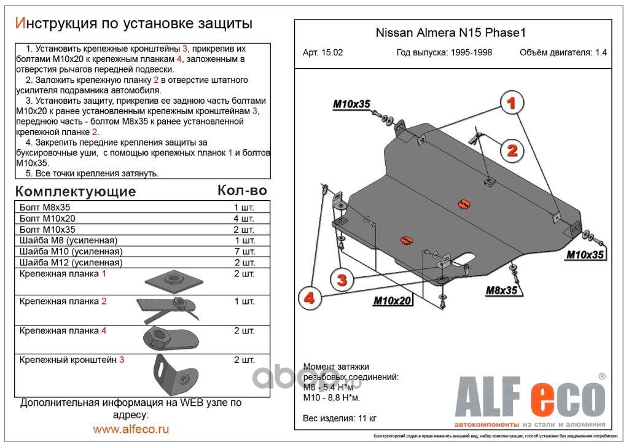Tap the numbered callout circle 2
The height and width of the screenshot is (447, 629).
click(511, 149)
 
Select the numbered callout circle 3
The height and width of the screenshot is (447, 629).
click(342, 281)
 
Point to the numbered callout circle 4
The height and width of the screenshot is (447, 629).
click(309, 298)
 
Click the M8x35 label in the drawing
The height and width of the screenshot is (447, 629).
click(501, 290)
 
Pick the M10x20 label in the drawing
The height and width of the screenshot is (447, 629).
click(392, 300)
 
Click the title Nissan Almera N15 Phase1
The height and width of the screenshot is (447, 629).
click(451, 34)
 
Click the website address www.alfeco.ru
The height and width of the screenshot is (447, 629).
click(131, 429)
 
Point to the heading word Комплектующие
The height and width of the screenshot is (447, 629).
click(76, 191)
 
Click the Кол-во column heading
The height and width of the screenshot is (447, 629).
click(243, 190)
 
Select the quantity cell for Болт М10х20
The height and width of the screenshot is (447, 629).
click(244, 218)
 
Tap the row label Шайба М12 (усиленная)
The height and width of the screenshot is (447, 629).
click(71, 262)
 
